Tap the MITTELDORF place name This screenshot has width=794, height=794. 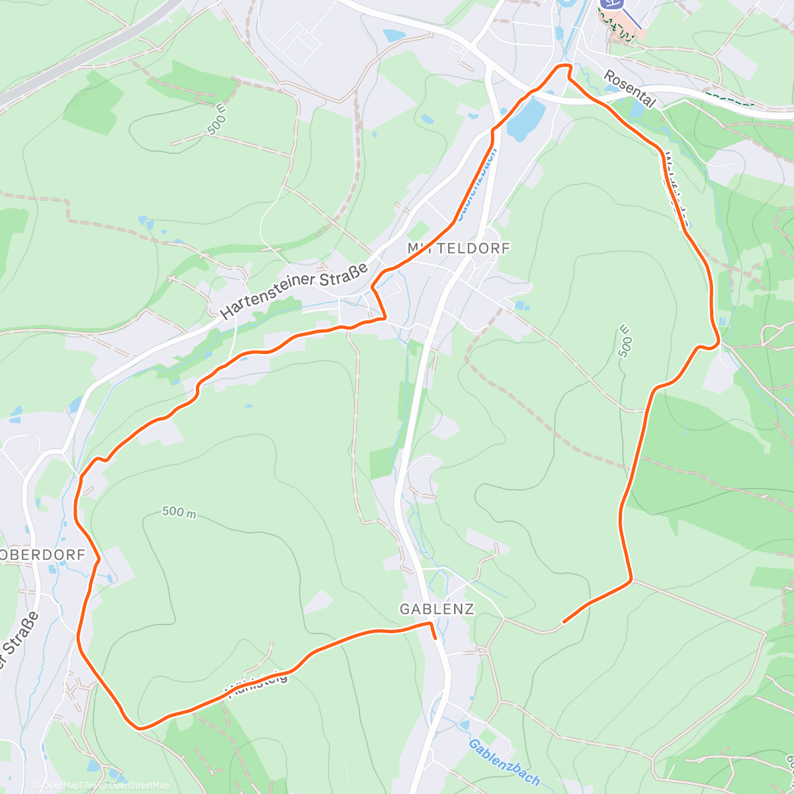[x=459, y=248]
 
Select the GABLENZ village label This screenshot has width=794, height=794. [x=437, y=609]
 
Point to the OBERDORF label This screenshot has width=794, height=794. [x=44, y=555]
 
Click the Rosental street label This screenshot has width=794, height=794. [x=629, y=89]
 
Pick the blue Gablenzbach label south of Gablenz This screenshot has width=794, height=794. [x=504, y=762]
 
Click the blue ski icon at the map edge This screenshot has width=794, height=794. [x=612, y=4]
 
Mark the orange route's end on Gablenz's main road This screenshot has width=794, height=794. [x=434, y=638]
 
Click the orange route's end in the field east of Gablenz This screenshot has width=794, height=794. [x=563, y=622]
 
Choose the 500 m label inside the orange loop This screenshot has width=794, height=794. [x=179, y=511]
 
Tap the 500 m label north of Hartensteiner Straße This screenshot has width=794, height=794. [x=216, y=120]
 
